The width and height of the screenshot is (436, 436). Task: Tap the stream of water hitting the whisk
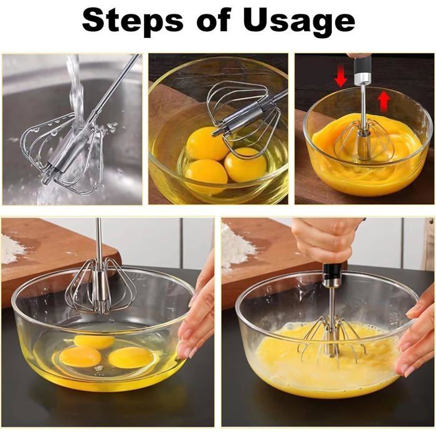point(76,93)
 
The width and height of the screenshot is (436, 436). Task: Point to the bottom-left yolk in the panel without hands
point(206,171)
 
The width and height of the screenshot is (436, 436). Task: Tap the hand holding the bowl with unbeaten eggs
point(198,311)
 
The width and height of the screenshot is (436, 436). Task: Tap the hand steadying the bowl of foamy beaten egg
point(416,336)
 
